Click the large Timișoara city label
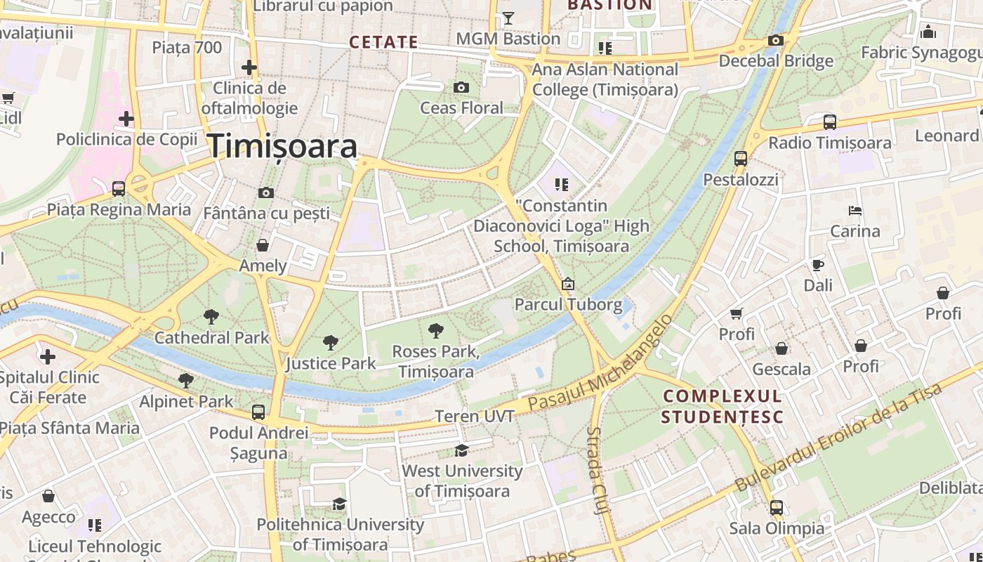pyautogui.click(x=282, y=146)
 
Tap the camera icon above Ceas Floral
pyautogui.click(x=461, y=87)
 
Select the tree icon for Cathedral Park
pyautogui.click(x=211, y=317)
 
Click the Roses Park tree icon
pyautogui.click(x=435, y=330)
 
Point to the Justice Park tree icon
pyautogui.click(x=330, y=343)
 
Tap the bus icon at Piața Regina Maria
pyautogui.click(x=119, y=188)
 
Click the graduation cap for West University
pyautogui.click(x=461, y=450)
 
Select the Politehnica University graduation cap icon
pyautogui.click(x=340, y=504)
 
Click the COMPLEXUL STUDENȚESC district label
pyautogui.click(x=723, y=406)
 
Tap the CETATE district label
pyautogui.click(x=383, y=42)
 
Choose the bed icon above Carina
pyautogui.click(x=855, y=210)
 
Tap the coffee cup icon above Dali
pyautogui.click(x=817, y=265)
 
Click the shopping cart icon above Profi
pyautogui.click(x=736, y=313)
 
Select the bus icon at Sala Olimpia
pyautogui.click(x=776, y=507)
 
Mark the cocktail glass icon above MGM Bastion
pyautogui.click(x=508, y=18)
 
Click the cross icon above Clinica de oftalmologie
pyautogui.click(x=249, y=67)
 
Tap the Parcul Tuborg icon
pyautogui.click(x=567, y=284)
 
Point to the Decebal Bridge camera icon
pyautogui.click(x=776, y=41)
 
